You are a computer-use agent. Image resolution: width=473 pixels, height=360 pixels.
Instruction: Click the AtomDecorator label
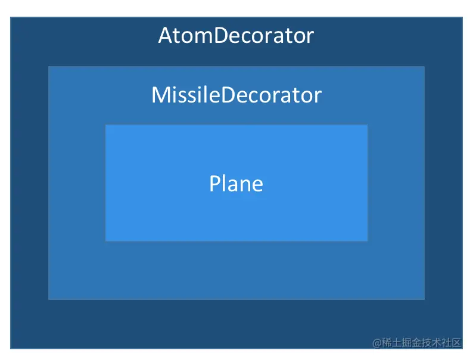click(236, 36)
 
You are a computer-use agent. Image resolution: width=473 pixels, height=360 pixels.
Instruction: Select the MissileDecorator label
click(236, 95)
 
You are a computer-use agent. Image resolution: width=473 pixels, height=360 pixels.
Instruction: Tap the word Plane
click(236, 184)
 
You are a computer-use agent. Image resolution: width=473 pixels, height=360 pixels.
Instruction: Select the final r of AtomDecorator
click(310, 38)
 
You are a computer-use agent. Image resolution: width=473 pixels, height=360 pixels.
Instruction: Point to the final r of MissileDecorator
click(318, 97)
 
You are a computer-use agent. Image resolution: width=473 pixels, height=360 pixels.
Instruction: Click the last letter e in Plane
click(257, 186)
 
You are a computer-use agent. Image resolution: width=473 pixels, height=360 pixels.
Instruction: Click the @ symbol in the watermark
click(376, 343)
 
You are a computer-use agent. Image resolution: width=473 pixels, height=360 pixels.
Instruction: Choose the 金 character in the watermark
click(416, 343)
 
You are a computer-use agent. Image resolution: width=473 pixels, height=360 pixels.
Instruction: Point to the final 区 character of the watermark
click(456, 343)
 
